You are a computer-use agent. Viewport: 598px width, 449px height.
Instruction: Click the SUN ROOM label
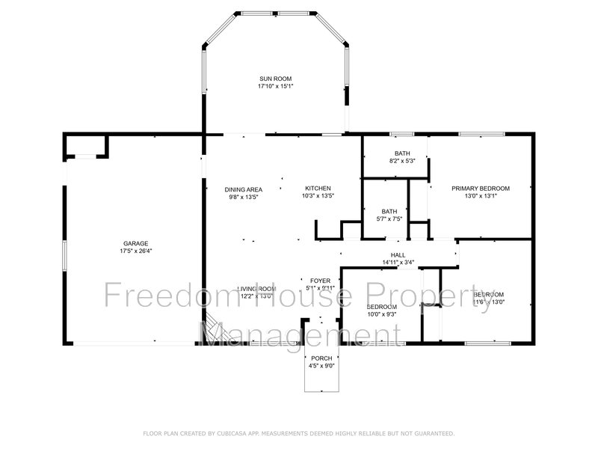pos(275,79)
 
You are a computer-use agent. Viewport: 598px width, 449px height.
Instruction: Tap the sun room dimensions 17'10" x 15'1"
pos(275,86)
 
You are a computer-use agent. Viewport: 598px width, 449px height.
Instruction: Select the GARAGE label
pos(136,243)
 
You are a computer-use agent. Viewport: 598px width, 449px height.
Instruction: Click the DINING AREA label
pos(244,189)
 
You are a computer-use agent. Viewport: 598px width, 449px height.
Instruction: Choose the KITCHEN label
pos(318,189)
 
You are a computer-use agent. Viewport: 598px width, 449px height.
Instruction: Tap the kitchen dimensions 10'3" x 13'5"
pos(318,196)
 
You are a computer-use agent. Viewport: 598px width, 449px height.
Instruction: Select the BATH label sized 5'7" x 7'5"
pos(389,211)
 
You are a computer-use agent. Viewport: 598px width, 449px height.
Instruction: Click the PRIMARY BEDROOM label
pos(481,189)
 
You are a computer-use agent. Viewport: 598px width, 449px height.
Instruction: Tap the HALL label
pos(398,255)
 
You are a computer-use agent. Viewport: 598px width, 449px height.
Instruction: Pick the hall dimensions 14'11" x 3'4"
pos(398,263)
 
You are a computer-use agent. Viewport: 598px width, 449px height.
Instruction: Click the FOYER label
pos(321,281)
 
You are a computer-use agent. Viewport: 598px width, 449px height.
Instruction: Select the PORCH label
pos(322,358)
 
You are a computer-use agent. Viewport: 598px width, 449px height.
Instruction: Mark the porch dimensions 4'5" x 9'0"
pos(322,366)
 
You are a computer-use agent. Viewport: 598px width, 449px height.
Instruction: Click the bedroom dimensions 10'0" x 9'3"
pos(381,315)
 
